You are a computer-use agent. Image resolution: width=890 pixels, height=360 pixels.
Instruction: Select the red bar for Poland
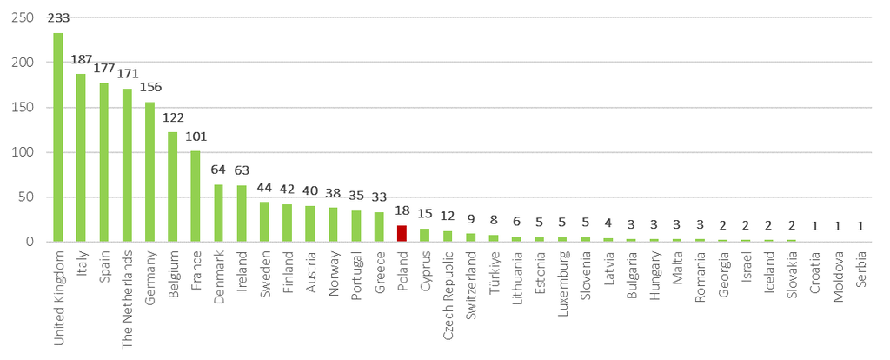402,233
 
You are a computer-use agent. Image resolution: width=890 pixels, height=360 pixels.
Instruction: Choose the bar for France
196,196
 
